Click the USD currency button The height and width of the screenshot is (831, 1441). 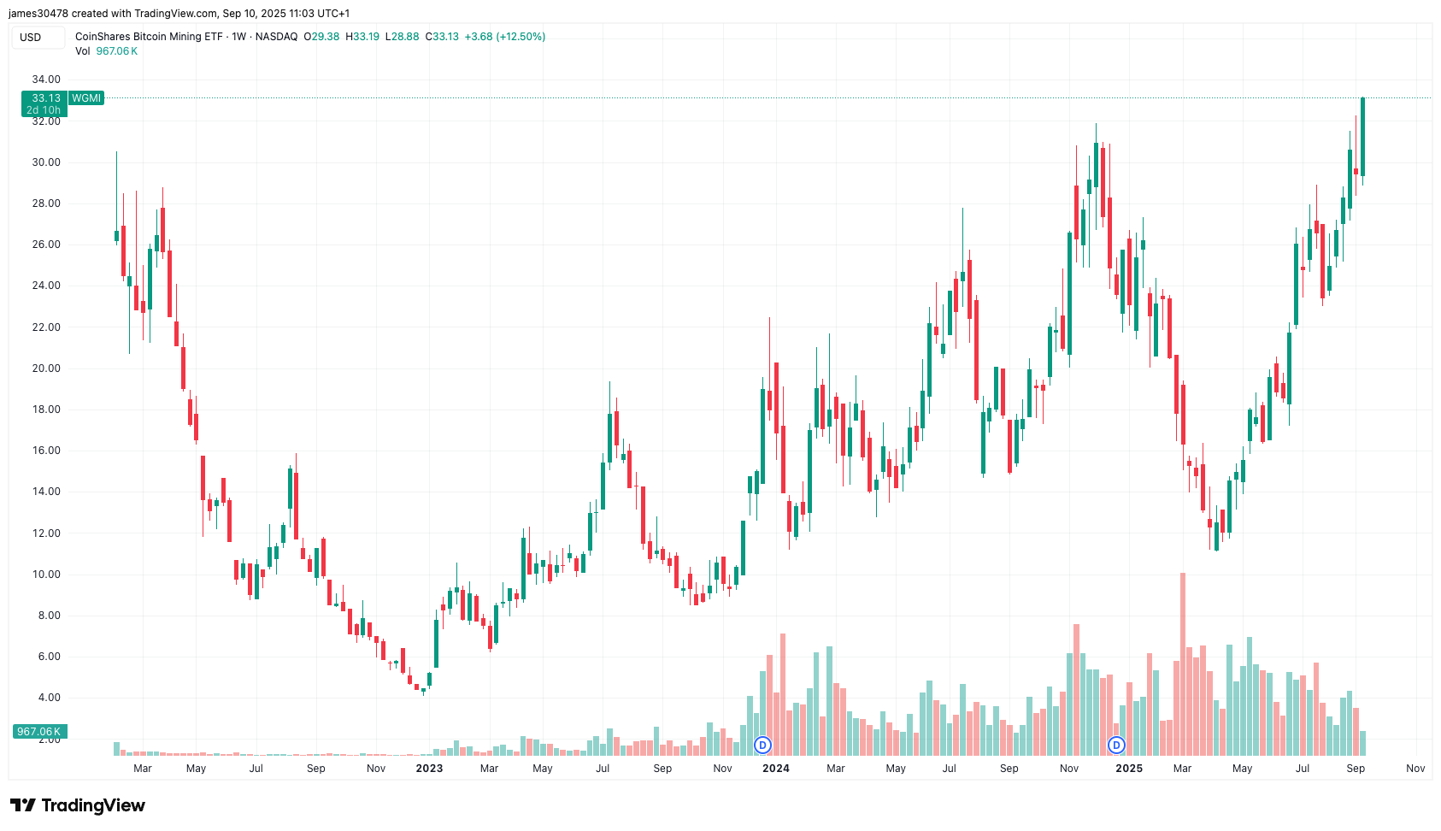tap(31, 38)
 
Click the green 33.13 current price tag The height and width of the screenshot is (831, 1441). tap(45, 98)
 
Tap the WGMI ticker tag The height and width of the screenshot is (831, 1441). tap(86, 98)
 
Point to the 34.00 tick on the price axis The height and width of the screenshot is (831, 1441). tap(46, 80)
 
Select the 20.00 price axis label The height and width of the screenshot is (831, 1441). tap(46, 368)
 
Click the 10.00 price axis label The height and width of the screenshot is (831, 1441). tap(46, 575)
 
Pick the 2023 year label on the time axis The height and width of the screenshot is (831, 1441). tap(429, 769)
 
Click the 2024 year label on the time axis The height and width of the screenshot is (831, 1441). tap(775, 769)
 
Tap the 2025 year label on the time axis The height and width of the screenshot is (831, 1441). tap(1129, 769)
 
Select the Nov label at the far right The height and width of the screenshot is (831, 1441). tap(1415, 769)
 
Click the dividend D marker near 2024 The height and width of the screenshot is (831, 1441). tap(762, 746)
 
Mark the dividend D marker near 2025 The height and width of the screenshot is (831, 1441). tap(1116, 746)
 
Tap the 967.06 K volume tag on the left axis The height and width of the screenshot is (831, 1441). tap(39, 732)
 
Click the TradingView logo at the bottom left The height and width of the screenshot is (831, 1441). tap(78, 805)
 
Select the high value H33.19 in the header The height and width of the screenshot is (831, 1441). tap(362, 37)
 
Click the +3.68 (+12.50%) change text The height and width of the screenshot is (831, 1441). tap(505, 37)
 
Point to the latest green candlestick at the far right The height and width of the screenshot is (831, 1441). tap(1362, 137)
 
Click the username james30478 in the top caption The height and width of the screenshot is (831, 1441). tap(38, 14)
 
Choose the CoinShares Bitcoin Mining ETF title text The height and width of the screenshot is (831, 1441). tap(149, 37)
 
